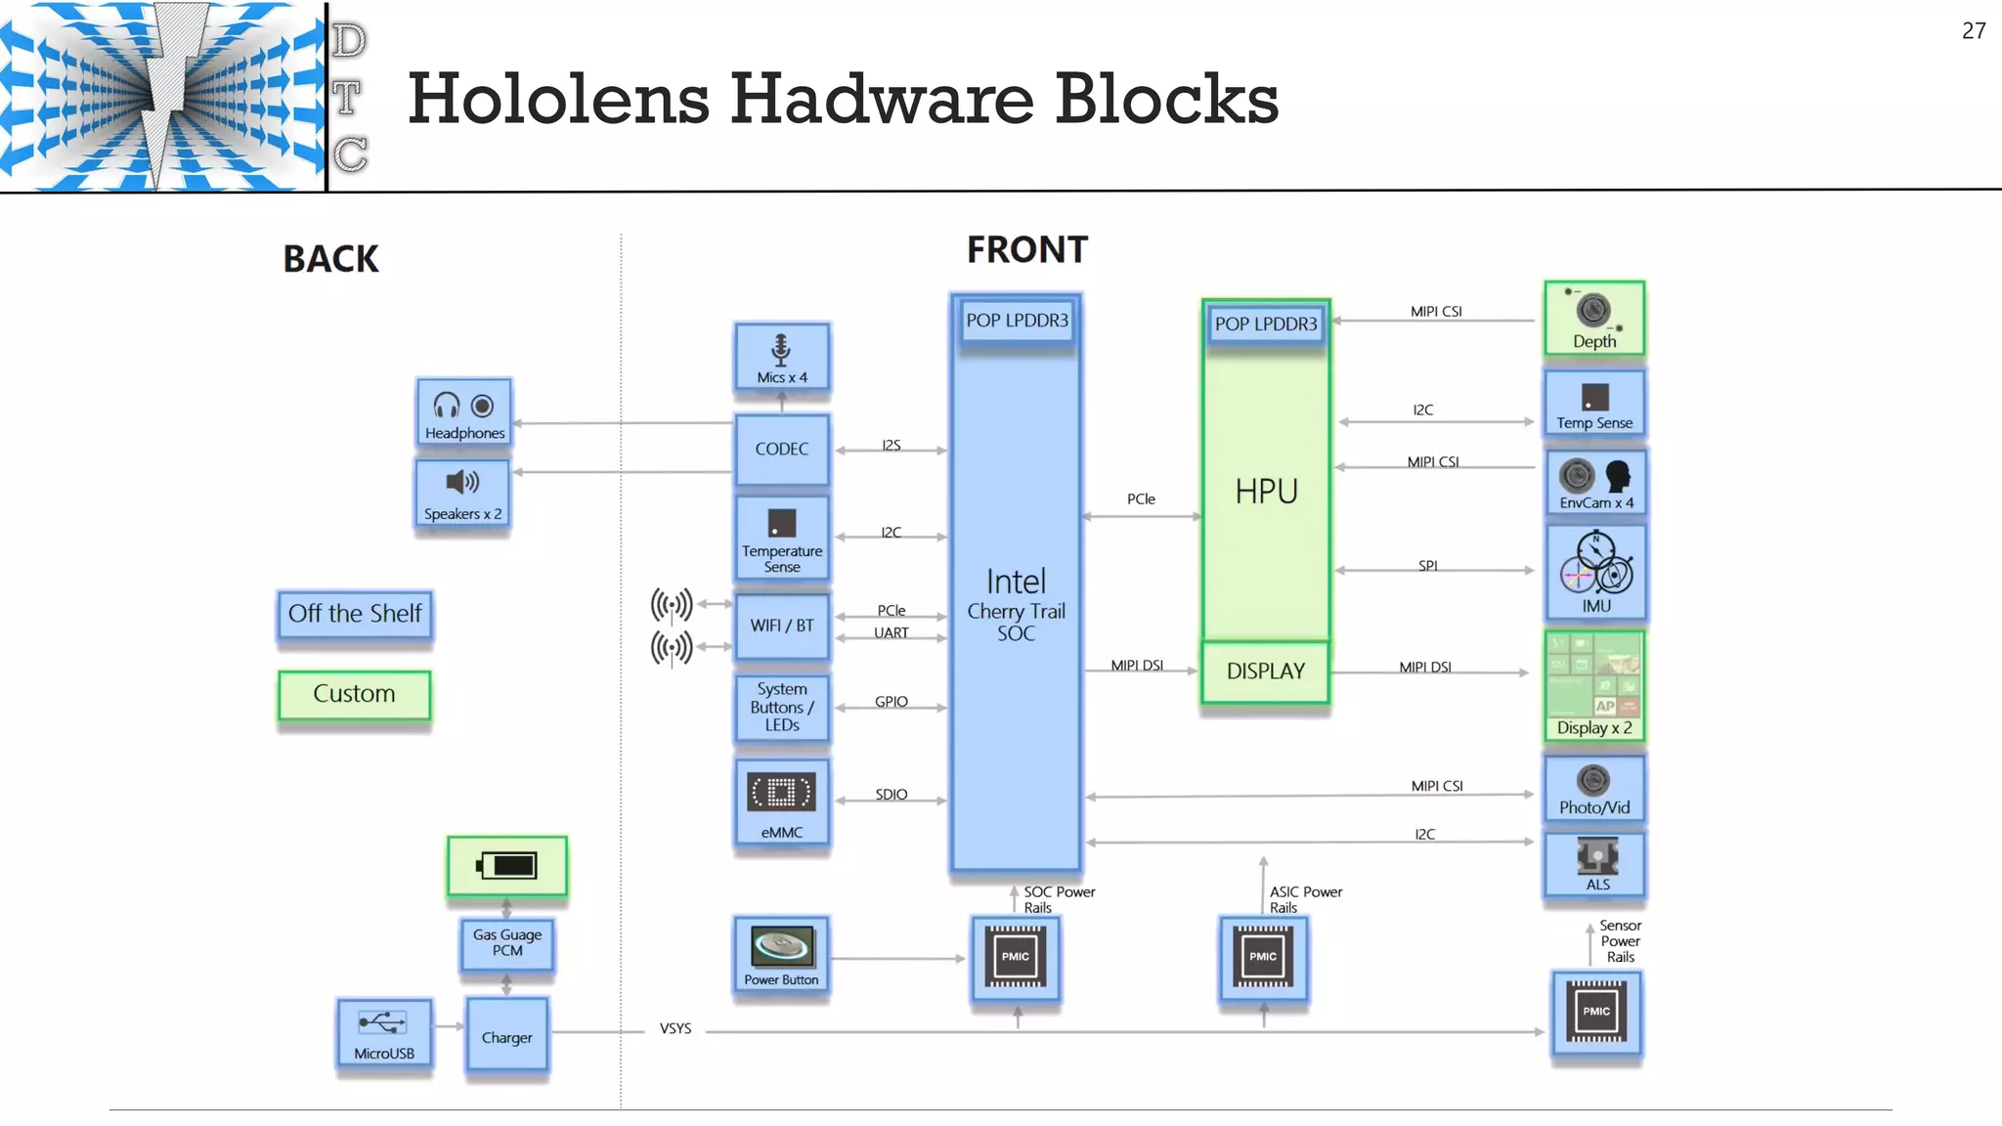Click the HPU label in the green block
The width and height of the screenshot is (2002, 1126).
1266,491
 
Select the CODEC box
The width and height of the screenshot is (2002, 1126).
782,450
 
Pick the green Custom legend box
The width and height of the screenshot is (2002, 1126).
354,694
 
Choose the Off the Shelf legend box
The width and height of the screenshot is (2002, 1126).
355,614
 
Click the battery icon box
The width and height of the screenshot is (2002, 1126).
506,866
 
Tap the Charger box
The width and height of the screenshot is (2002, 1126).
506,1037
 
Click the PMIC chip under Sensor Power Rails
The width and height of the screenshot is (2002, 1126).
1596,1013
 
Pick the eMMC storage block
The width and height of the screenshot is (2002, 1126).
782,802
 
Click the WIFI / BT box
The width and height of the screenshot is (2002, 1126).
782,626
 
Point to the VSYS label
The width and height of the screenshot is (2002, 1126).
675,1028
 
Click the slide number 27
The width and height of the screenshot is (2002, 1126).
1973,31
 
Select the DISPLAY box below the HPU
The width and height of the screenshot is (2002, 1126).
1266,671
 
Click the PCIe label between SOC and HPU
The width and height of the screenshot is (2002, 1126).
1141,498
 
